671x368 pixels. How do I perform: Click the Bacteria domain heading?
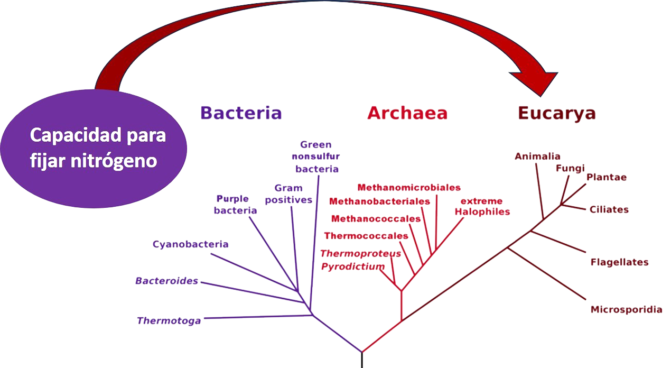tap(241, 113)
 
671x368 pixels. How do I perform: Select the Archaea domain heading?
tap(407, 113)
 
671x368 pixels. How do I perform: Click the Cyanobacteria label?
tap(191, 244)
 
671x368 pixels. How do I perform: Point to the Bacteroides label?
tap(166, 281)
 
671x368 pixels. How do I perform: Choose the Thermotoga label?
tap(169, 321)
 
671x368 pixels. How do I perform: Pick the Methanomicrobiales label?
tap(409, 188)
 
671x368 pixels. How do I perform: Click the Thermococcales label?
tap(366, 236)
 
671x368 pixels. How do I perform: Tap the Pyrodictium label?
tap(353, 266)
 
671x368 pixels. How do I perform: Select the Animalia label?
tap(537, 156)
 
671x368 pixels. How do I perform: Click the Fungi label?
tap(571, 169)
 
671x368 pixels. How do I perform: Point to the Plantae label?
tap(607, 178)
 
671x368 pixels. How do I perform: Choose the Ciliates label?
tap(609, 209)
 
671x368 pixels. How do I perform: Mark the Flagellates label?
tap(619, 262)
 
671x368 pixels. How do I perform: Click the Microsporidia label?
tap(627, 309)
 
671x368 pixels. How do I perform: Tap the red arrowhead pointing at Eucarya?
tap(536, 82)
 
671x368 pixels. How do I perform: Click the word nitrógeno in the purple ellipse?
tap(114, 161)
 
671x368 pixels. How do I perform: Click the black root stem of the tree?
tap(362, 360)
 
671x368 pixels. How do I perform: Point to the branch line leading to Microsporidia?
tap(547, 273)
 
